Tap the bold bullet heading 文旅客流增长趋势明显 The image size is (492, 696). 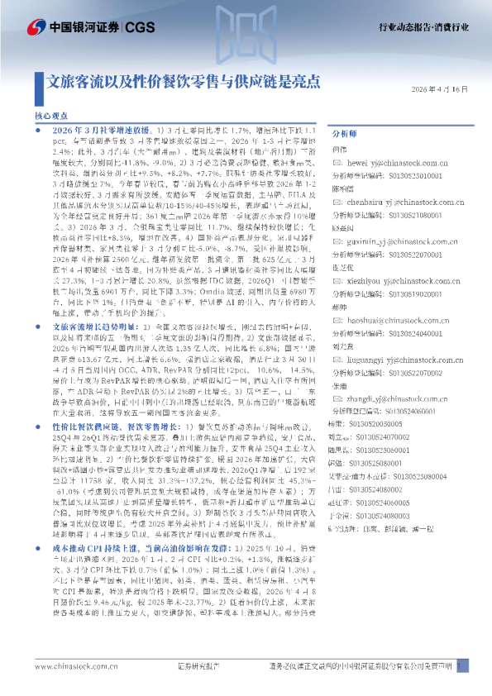tap(91, 327)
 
